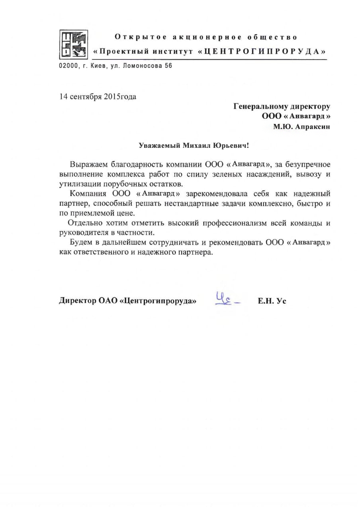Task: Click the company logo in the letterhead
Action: (74, 43)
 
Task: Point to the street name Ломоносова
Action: (142, 66)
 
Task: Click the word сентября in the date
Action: (85, 96)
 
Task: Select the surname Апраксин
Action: (312, 127)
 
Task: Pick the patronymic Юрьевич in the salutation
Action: (232, 146)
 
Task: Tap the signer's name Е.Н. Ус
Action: (272, 302)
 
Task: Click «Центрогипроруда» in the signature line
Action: (158, 302)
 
